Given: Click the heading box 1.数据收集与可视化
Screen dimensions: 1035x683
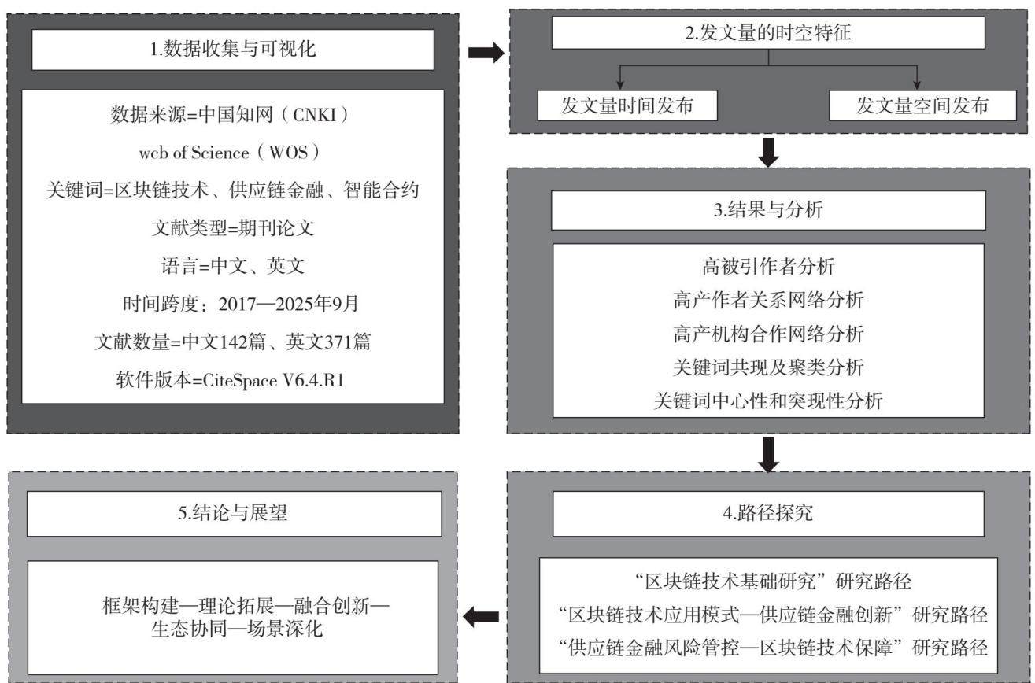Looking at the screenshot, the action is coord(233,50).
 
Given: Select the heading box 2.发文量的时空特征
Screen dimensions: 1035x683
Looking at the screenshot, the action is coord(768,33).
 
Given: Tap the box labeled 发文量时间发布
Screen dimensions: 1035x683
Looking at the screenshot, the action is coord(627,105).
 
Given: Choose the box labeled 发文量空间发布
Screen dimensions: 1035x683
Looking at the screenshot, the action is coord(922,105).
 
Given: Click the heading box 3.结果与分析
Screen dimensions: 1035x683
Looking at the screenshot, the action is coord(768,210).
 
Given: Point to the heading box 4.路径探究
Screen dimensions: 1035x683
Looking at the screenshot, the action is coord(768,514).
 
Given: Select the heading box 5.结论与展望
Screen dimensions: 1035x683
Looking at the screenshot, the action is coord(235,514).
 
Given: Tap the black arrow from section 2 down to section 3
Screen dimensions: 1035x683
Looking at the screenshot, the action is coord(768,153).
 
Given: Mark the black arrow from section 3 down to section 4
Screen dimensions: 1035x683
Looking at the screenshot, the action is coord(768,454).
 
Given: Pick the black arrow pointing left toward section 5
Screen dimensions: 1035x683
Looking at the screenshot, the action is coord(481,616).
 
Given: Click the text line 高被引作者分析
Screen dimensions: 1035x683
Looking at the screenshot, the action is coord(768,267).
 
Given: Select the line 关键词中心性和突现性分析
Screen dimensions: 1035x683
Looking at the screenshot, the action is coord(768,401).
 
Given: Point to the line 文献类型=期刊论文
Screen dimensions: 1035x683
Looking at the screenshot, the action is coord(233,228).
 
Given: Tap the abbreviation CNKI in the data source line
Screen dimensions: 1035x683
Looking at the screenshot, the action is coord(314,115).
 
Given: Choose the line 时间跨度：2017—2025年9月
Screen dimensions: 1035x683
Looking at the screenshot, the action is coord(240,304).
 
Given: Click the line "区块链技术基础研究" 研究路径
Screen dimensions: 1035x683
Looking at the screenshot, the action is coord(773,581).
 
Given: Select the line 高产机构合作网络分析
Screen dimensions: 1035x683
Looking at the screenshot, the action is coord(768,334).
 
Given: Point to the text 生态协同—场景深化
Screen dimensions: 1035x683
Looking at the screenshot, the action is coord(237,629).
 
